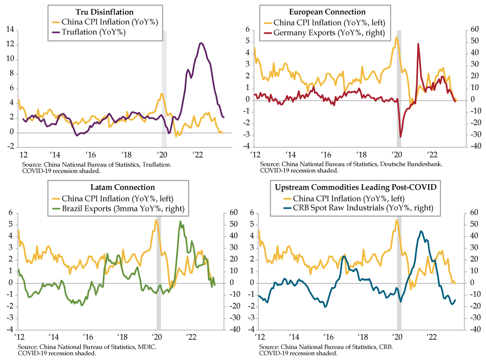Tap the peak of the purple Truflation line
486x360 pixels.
pyautogui.click(x=201, y=43)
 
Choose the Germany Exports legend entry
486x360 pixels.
pyautogui.click(x=328, y=33)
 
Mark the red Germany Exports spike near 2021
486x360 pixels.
pyautogui.click(x=418, y=44)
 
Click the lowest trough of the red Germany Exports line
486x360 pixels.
pyautogui.click(x=401, y=137)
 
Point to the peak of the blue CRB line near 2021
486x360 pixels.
pyautogui.click(x=421, y=231)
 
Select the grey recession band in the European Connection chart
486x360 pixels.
pyautogui.click(x=399, y=81)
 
